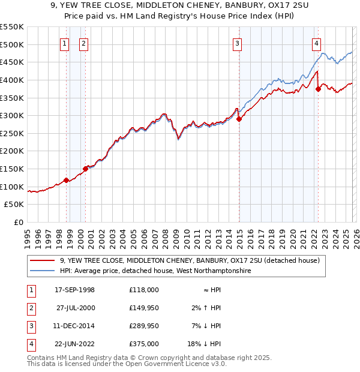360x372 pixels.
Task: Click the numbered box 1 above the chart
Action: (x=64, y=43)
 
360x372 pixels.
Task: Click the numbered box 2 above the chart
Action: (x=83, y=43)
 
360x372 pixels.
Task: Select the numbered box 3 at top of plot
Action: (x=238, y=43)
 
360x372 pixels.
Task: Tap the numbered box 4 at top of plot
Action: (x=316, y=43)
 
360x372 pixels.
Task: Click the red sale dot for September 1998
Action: (x=66, y=180)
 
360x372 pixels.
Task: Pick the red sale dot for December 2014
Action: (x=239, y=119)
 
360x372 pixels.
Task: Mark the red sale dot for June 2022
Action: (x=318, y=89)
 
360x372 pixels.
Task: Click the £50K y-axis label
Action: (x=14, y=205)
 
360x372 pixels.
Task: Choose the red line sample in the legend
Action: (x=43, y=260)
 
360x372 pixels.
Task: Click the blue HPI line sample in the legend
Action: (x=43, y=271)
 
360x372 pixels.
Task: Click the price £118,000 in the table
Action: (x=143, y=290)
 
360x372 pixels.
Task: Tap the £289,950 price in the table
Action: (x=143, y=326)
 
